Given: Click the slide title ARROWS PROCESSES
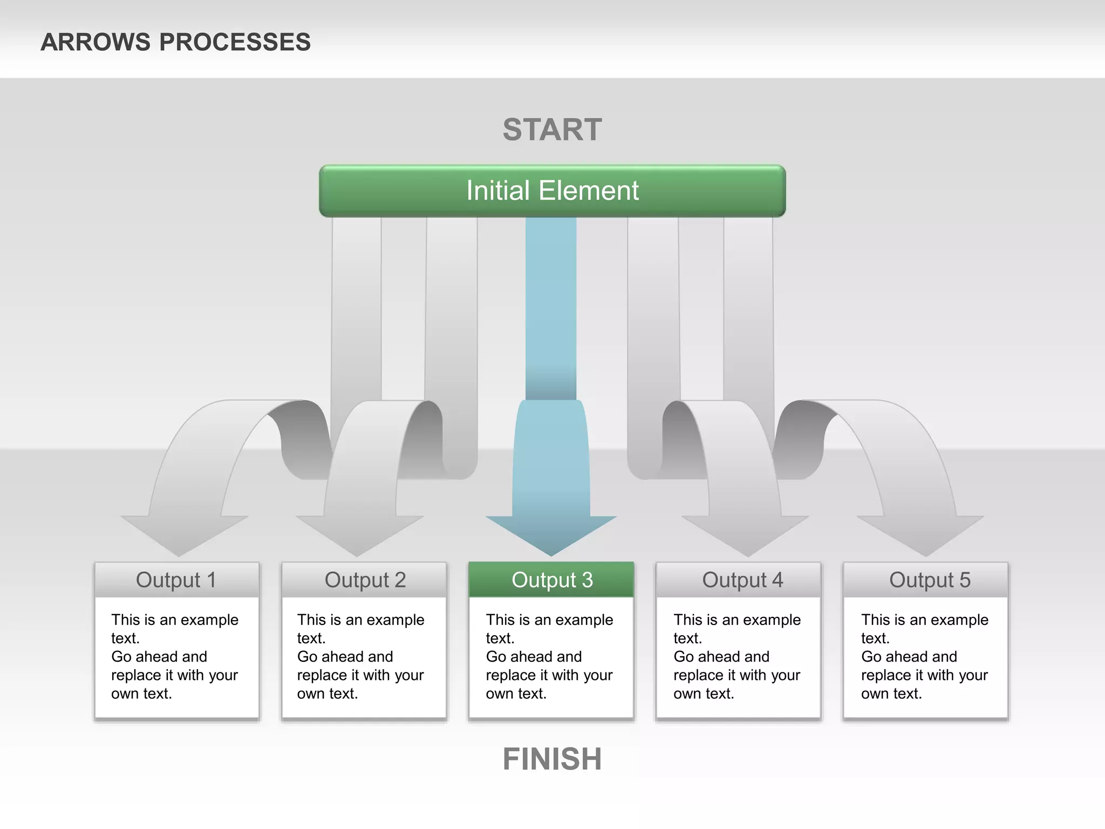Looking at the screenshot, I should click(175, 42).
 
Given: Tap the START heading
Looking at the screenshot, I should click(552, 130).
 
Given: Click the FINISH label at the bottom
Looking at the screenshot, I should click(552, 759).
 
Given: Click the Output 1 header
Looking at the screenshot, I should click(176, 580).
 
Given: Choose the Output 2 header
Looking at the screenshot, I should click(365, 580).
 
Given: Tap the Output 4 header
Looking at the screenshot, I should click(742, 580).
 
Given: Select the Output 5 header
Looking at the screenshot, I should click(929, 580).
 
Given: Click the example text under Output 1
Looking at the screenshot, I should click(174, 656).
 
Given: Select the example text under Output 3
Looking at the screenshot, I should click(549, 656).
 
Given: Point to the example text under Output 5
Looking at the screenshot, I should click(924, 656).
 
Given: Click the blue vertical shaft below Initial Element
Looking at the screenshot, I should click(551, 308).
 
